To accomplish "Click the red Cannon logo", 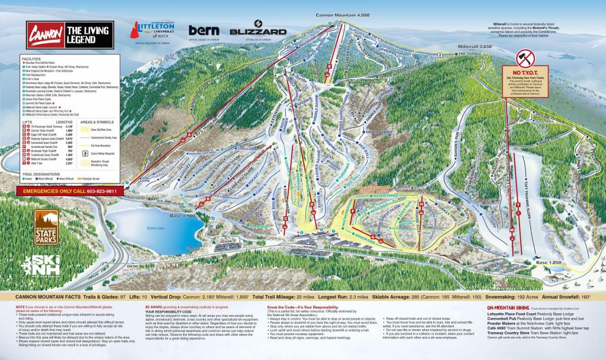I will [42, 33].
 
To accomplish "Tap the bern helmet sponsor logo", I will [204, 30].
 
